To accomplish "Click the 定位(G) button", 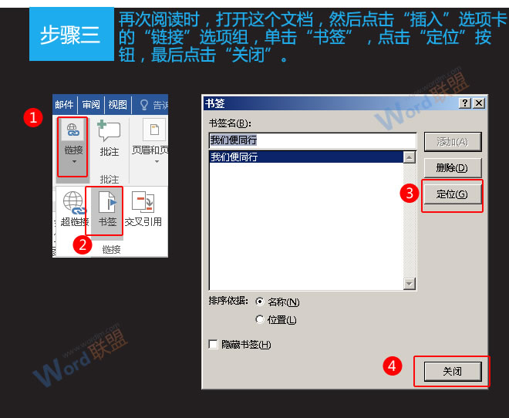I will pos(452,194).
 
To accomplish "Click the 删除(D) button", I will pos(452,167).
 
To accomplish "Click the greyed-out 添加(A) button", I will pos(452,141).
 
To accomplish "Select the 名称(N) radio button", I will pos(260,302).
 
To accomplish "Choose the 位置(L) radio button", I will pos(260,319).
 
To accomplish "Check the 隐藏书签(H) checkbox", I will pos(214,345).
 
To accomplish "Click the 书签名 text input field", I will pos(312,140).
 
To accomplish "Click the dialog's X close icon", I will pos(479,103).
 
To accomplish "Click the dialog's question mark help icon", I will pos(464,103).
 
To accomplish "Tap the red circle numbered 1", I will pos(32,117).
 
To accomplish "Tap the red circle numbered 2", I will pos(83,245).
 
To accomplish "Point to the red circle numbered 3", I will pos(410,194).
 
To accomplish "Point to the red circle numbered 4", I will pos(393,366).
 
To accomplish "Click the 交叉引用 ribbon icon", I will pos(143,204).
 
